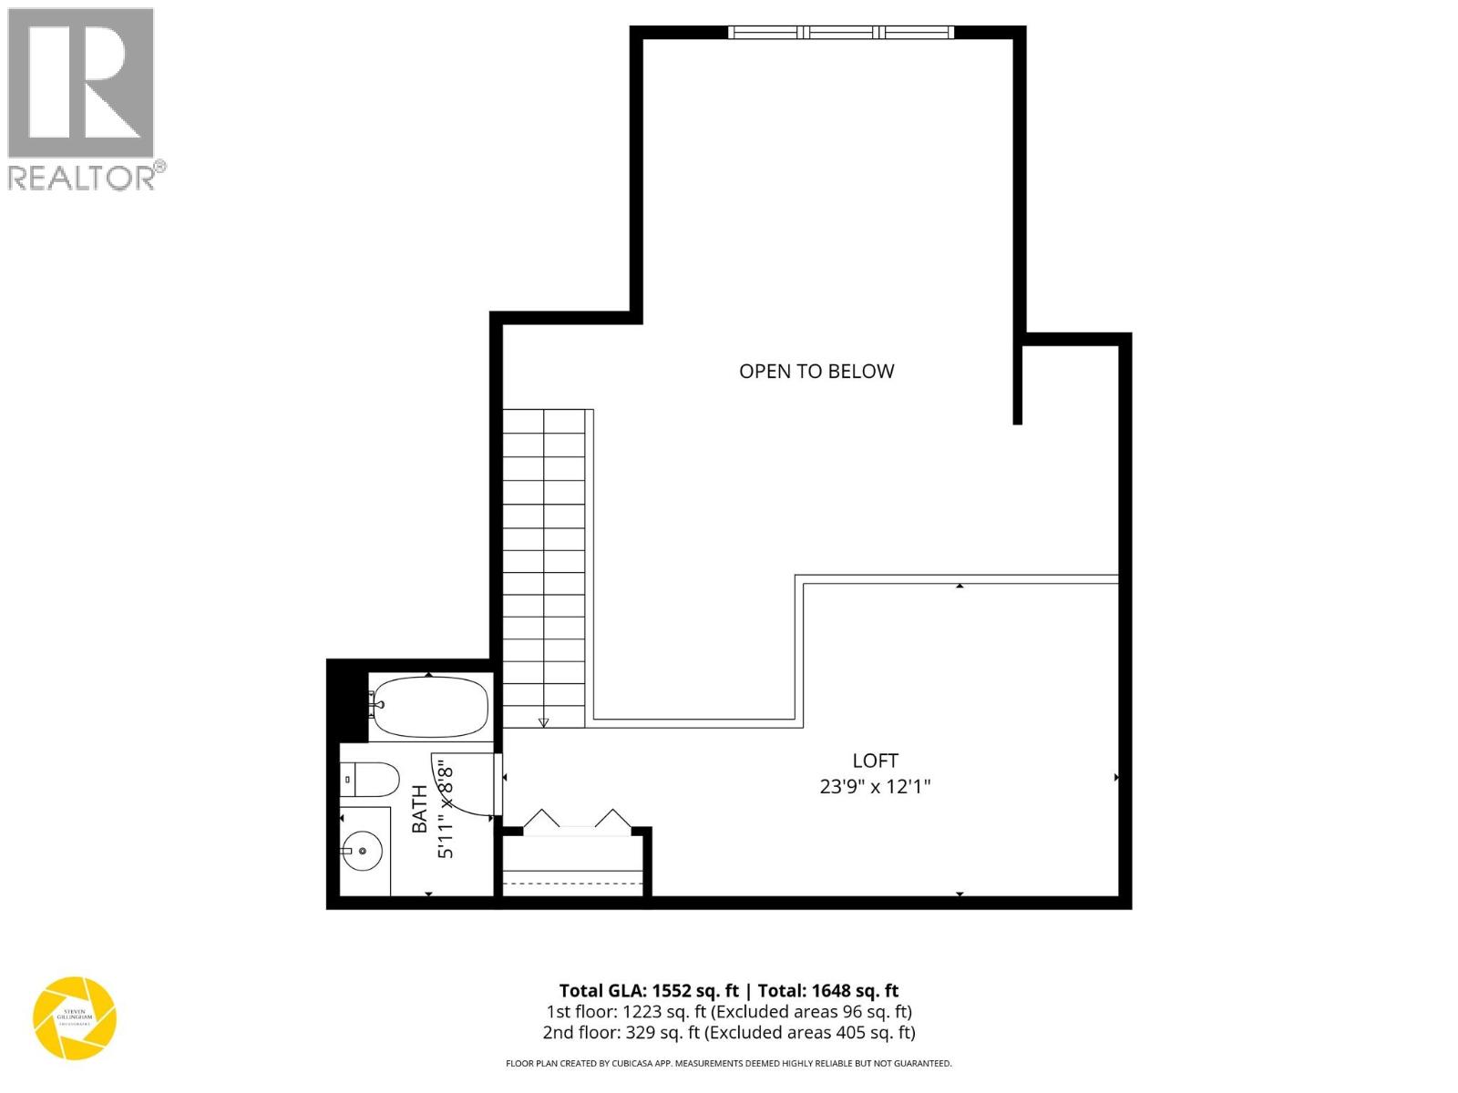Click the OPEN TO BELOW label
pos(816,371)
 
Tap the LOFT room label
pos(875,761)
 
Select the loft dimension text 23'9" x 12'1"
pos(875,786)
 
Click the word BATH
pos(420,809)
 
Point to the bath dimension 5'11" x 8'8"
pos(446,809)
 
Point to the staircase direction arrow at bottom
pos(544,722)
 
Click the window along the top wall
pos(841,33)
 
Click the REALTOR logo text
pos(82,177)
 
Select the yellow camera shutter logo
pos(75,1018)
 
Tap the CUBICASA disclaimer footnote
pos(729,1063)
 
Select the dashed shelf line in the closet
pos(574,883)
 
